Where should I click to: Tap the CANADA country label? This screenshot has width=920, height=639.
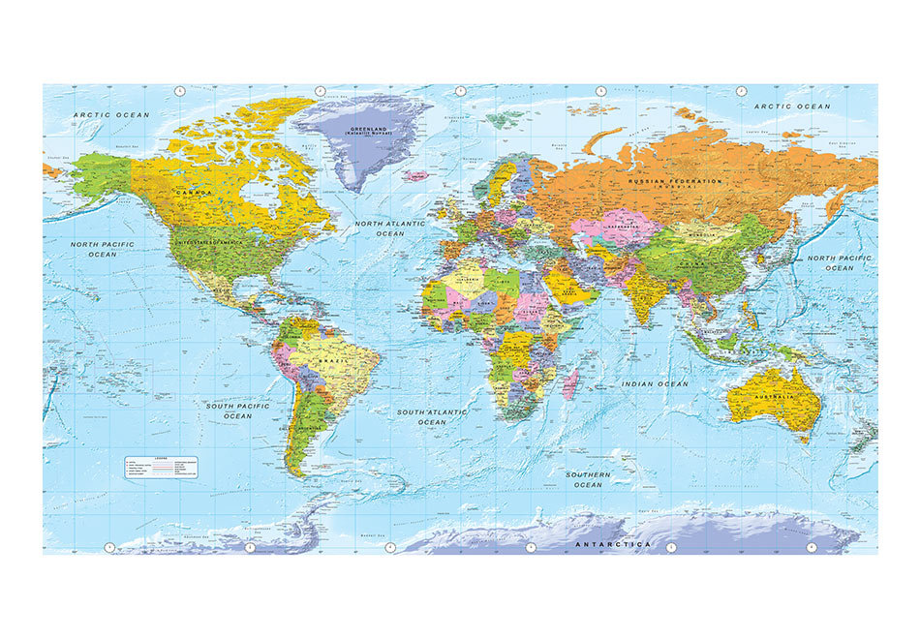(193, 193)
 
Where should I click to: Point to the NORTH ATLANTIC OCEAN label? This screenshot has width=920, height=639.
(390, 228)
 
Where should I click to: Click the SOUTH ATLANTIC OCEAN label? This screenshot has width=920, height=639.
(432, 417)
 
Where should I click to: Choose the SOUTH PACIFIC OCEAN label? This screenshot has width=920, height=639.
(237, 411)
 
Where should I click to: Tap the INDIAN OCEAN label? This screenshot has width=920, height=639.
(655, 384)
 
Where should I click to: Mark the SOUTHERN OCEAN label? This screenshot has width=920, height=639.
(588, 479)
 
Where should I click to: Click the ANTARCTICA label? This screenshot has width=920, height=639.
(613, 545)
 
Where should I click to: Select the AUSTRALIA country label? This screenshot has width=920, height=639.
(774, 398)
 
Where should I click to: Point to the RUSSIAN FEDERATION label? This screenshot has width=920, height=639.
(675, 182)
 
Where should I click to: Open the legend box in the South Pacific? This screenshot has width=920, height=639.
(160, 467)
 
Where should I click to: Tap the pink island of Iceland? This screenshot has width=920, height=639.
(415, 177)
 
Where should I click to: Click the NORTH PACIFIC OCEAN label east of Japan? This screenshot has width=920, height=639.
(839, 262)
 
